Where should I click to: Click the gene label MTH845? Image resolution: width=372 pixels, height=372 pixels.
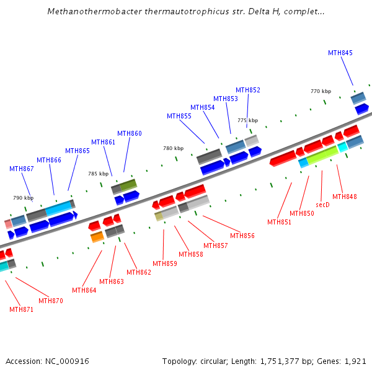coord(340,53)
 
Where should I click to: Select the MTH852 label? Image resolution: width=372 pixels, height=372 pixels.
coord(248,90)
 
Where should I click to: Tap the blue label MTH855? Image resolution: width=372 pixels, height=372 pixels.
coord(179,116)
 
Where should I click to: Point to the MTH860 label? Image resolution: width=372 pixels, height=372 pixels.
coord(130,133)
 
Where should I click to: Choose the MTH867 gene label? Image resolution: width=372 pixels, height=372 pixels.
coord(22,169)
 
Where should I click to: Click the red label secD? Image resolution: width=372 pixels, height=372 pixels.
coord(322,204)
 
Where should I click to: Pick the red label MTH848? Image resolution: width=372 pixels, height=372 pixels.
coord(345,197)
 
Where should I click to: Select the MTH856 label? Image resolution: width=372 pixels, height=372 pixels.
coord(242,236)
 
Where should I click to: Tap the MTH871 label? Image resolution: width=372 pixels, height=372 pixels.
coord(22,309)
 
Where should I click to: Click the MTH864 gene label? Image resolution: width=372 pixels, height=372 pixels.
coord(84,290)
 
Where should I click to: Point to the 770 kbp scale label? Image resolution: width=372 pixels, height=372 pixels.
coord(321,91)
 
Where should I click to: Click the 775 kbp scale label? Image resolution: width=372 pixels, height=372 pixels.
coord(247,120)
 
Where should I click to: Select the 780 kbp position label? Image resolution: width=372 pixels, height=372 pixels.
coord(174,148)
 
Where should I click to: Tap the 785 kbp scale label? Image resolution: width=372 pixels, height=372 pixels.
coord(99,174)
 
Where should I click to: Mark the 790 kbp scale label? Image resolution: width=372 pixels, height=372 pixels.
coord(23,198)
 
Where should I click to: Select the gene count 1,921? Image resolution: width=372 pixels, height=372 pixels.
coord(356,361)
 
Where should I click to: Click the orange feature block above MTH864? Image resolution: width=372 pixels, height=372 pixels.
coord(97,237)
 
